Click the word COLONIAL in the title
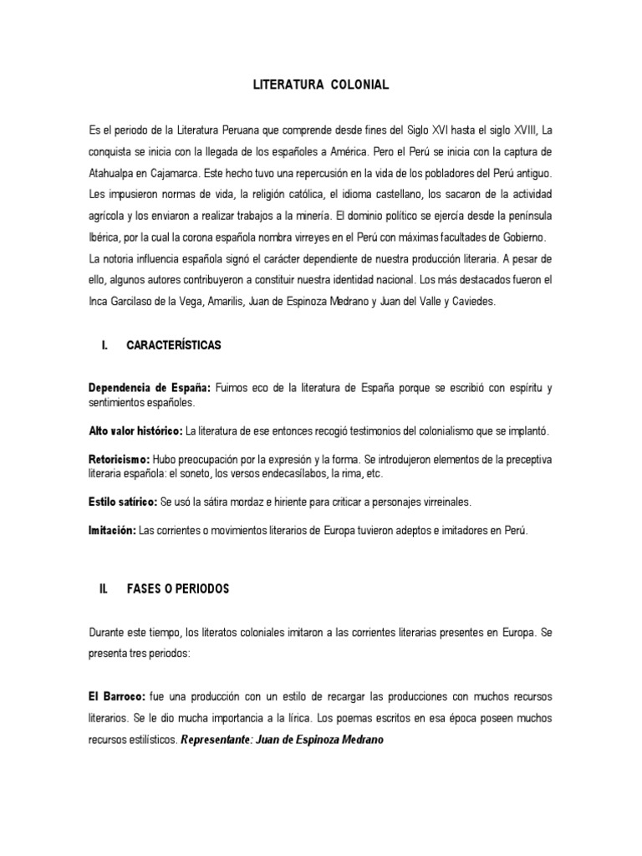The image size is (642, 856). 360,85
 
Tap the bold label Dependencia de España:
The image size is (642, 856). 150,388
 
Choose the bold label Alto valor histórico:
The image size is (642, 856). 135,431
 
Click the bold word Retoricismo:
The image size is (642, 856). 119,460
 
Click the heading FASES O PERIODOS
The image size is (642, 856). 177,589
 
